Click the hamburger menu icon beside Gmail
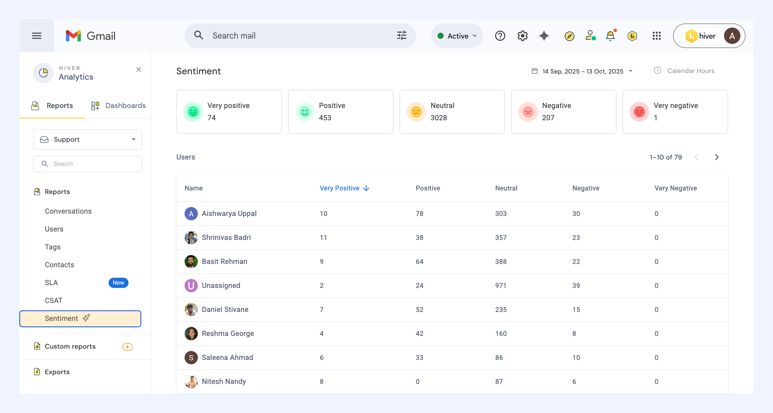(37, 36)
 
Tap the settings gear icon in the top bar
(522, 36)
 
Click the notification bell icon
(610, 36)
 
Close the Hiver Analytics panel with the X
(139, 69)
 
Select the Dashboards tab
(118, 105)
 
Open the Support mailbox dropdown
(88, 139)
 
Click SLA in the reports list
(51, 283)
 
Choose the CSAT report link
(54, 300)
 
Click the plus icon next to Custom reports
(127, 347)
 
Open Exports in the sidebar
(57, 372)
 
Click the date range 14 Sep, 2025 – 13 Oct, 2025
(583, 71)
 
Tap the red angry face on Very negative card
(639, 112)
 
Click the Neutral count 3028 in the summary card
(439, 118)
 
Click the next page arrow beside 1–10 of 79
(717, 157)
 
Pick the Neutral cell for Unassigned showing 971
(500, 285)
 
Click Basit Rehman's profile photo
(191, 261)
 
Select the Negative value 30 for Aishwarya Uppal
(576, 214)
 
